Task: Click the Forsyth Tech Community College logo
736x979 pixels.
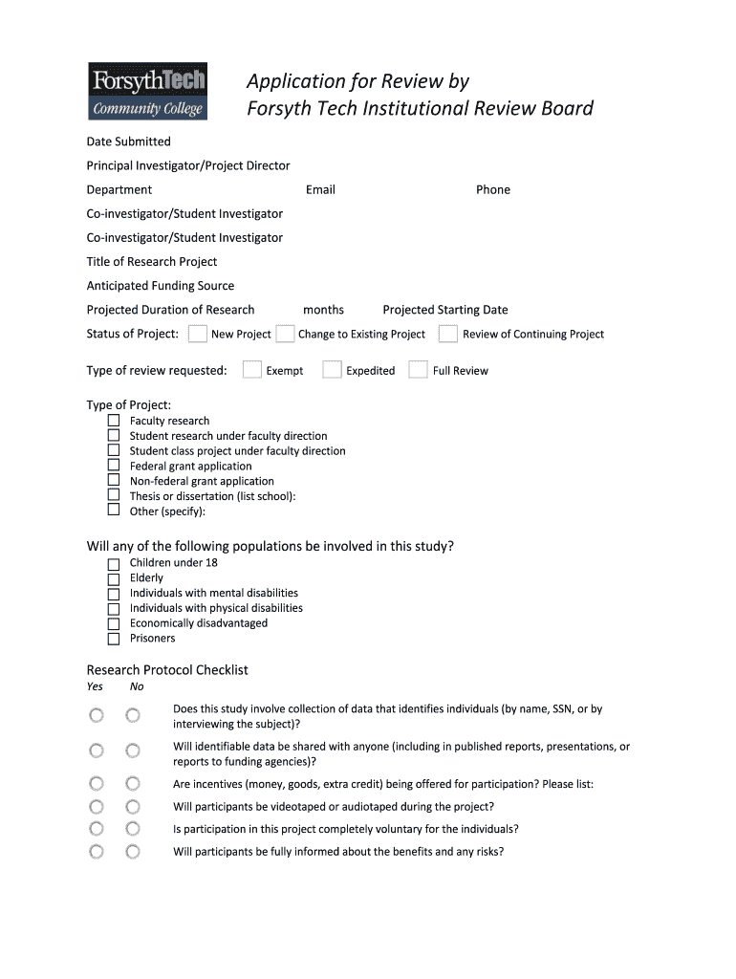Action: [x=147, y=92]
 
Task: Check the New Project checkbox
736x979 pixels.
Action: [x=198, y=334]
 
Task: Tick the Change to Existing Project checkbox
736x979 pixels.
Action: [x=285, y=334]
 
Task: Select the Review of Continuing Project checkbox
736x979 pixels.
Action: [x=448, y=334]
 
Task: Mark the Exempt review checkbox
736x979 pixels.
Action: [x=252, y=370]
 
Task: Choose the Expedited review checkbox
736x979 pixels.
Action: [x=332, y=370]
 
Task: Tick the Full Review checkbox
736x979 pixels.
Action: [x=418, y=370]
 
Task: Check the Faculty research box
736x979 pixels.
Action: [x=113, y=421]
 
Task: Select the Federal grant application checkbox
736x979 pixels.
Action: [x=113, y=467]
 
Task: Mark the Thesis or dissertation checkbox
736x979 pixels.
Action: [x=113, y=496]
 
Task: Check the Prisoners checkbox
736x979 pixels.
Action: [x=113, y=639]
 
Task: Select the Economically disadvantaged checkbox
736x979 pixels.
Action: [x=113, y=623]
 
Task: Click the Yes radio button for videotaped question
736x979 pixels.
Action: [x=97, y=807]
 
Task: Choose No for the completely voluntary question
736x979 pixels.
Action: [x=133, y=829]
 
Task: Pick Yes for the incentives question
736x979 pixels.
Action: [x=97, y=784]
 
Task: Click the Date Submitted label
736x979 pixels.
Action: [x=129, y=141]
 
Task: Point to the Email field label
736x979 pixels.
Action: [x=320, y=189]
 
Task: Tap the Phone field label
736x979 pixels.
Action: [x=493, y=189]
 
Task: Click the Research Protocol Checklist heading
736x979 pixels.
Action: [x=167, y=670]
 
